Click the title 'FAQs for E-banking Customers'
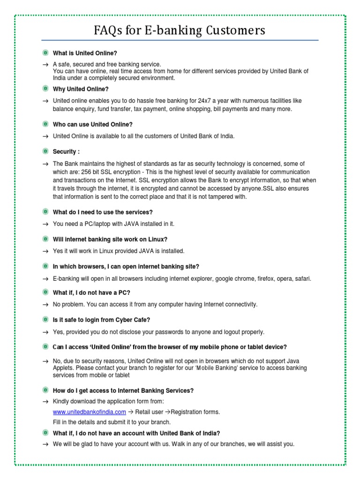point(180,30)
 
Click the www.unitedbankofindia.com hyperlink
point(89,412)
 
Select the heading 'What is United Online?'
point(85,53)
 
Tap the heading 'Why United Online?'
point(81,89)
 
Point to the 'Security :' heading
point(66,152)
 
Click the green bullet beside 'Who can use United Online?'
point(45,124)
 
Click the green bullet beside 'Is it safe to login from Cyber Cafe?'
point(45,320)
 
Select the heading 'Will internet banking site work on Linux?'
point(110,239)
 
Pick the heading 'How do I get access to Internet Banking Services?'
point(123,390)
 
